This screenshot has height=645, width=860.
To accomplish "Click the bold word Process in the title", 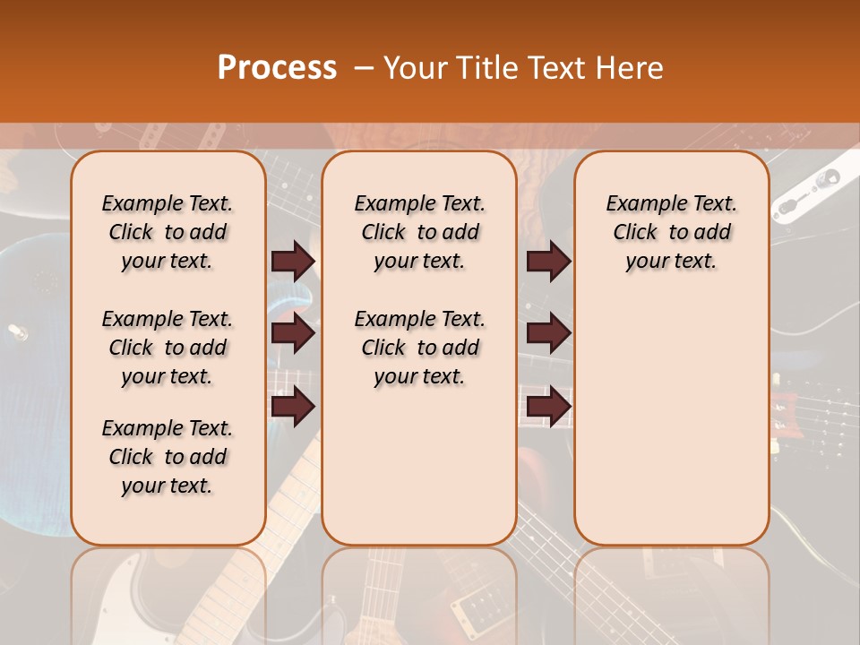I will coord(277,68).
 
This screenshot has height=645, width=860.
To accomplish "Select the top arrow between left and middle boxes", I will coord(293,262).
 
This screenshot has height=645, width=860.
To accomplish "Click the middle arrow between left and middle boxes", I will coord(293,334).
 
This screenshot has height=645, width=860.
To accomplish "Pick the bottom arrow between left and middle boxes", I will coord(293,407).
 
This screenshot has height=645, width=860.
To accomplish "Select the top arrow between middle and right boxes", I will coord(548,262).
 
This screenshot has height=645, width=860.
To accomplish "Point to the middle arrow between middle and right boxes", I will coord(548,334).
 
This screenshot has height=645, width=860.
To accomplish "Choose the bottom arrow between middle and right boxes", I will coord(548,407).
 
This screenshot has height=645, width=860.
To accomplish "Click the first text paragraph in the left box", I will coord(168,232).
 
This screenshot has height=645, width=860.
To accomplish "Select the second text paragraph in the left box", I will coord(168,348).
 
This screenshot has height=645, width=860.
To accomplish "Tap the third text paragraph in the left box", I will coord(168,457).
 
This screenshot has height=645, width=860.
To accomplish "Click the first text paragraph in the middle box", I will coord(419,232).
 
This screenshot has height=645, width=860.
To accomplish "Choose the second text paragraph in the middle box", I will coord(419,348).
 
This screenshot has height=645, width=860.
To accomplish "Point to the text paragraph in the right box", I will coord(671,232).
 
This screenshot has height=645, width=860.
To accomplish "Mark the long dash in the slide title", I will coord(364,69).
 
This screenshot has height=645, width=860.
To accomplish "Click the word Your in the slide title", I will coord(413,68).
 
